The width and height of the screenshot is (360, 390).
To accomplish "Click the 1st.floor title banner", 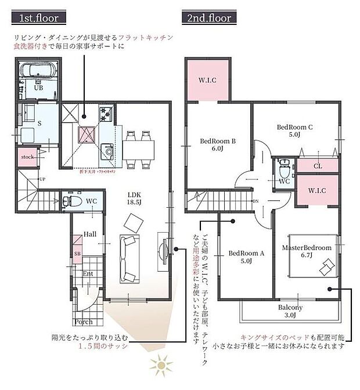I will click(x=38, y=17).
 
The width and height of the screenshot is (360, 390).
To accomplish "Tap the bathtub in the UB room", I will click(x=37, y=71).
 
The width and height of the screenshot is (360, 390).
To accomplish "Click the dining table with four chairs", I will click(x=139, y=150).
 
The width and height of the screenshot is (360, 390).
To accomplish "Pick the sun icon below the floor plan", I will click(x=157, y=366).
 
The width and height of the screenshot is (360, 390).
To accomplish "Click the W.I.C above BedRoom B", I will click(x=207, y=80).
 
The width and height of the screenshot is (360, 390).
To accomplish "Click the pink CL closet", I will click(x=317, y=165).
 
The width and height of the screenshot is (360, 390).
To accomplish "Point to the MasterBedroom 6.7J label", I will click(x=307, y=251).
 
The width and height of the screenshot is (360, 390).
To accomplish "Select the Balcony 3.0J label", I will click(x=290, y=311).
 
